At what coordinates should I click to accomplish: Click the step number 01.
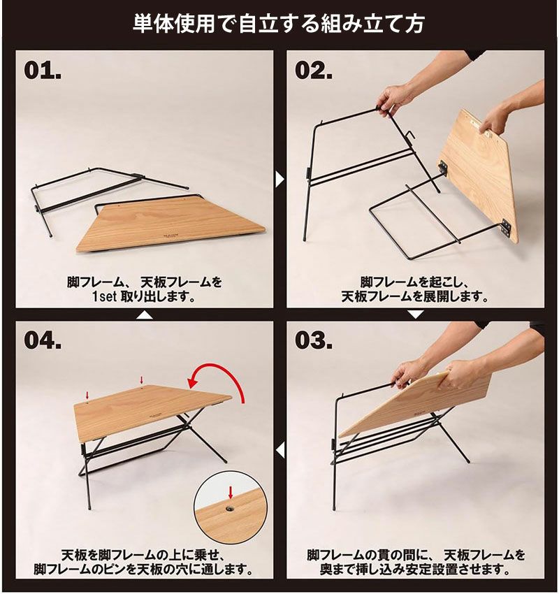(43, 71)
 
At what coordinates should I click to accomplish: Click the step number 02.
(314, 71)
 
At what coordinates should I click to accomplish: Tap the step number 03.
(314, 340)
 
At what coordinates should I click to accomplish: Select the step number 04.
(43, 340)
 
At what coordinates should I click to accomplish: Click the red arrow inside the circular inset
(231, 493)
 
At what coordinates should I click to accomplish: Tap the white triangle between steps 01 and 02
(279, 180)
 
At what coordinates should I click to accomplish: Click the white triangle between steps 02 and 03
(416, 314)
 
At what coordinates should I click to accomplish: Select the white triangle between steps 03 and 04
(280, 451)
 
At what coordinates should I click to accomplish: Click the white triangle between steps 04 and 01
(145, 314)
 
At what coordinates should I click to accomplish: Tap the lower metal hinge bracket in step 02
(507, 228)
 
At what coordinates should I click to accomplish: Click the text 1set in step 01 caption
(105, 296)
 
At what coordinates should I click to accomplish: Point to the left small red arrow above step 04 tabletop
(87, 396)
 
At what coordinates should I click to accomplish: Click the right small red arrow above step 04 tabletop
(142, 380)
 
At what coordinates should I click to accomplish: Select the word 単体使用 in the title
(173, 24)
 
